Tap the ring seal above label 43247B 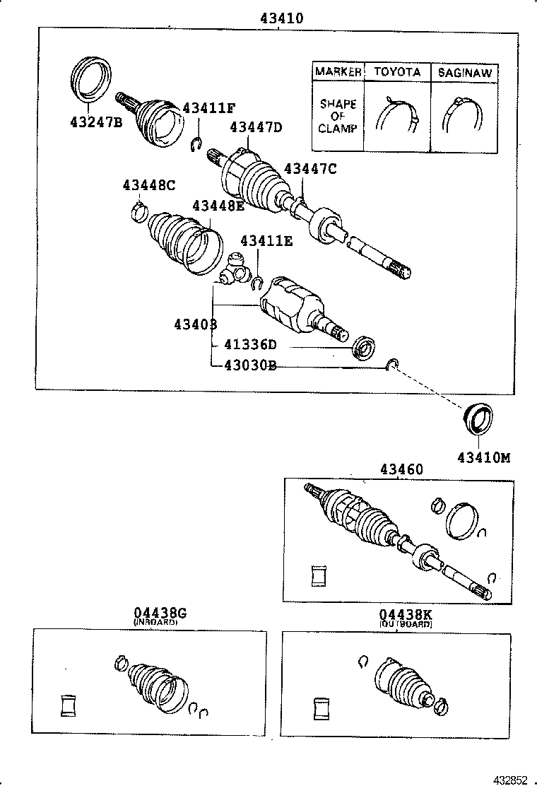pyautogui.click(x=92, y=76)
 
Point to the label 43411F pyautogui.click(x=208, y=108)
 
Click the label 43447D pyautogui.click(x=256, y=127)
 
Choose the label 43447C pyautogui.click(x=310, y=168)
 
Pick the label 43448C pyautogui.click(x=148, y=185)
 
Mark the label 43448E pyautogui.click(x=218, y=206)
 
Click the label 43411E pyautogui.click(x=266, y=241)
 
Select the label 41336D pyautogui.click(x=250, y=346)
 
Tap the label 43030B pyautogui.click(x=250, y=365)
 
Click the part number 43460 pyautogui.click(x=401, y=469)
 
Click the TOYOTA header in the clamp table pyautogui.click(x=396, y=72)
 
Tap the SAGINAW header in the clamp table pyautogui.click(x=464, y=72)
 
